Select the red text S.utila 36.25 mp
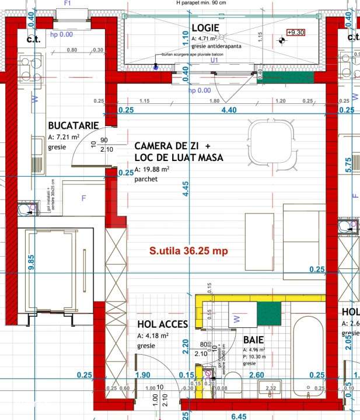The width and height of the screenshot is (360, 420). click(x=188, y=251)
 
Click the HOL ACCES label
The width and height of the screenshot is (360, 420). click(x=162, y=324)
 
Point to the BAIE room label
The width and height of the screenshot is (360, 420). click(x=254, y=339)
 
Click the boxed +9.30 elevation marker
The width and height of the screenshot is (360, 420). click(x=296, y=33)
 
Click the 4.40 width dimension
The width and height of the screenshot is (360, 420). click(x=228, y=110)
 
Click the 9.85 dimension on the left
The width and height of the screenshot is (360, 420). click(x=31, y=260)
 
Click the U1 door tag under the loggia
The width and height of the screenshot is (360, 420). click(x=214, y=60)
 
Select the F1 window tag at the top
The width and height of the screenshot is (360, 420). click(x=67, y=3)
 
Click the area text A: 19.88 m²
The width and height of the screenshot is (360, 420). click(x=152, y=169)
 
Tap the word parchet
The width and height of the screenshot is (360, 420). click(x=146, y=179)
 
